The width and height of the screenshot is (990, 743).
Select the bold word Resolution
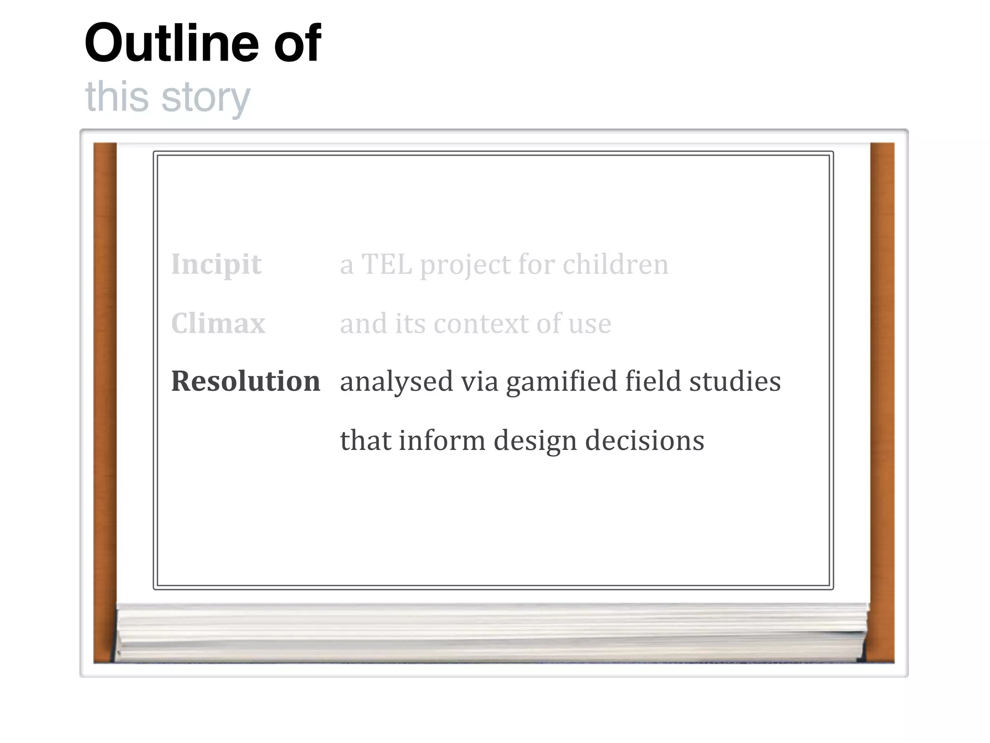coord(246,381)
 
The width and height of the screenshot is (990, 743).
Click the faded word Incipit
coord(216,265)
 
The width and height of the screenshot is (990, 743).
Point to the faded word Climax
coord(218,323)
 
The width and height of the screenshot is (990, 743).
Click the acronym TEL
coord(387,265)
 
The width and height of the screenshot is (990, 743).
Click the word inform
coord(442,440)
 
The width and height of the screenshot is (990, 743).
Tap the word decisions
coord(644,440)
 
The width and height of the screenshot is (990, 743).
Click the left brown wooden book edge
coord(105,401)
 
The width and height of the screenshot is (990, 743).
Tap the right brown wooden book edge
coord(882,401)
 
